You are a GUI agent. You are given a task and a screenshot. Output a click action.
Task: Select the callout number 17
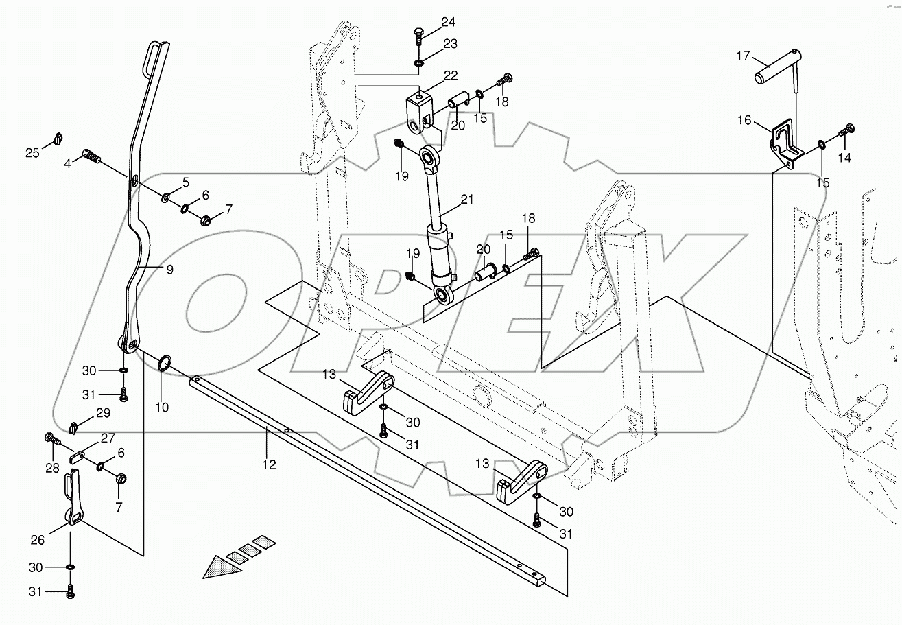(x=744, y=56)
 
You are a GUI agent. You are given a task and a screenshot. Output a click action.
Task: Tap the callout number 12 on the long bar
(x=269, y=464)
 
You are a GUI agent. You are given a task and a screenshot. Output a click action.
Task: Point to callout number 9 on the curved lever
(x=169, y=270)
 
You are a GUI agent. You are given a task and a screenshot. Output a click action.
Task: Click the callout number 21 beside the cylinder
(x=467, y=200)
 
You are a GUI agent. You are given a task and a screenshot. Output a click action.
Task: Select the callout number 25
(x=33, y=152)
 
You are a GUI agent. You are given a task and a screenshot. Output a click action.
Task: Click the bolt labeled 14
(x=847, y=128)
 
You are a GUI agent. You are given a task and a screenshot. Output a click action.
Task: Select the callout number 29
(x=103, y=413)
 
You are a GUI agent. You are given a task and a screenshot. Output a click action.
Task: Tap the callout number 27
(x=108, y=438)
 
